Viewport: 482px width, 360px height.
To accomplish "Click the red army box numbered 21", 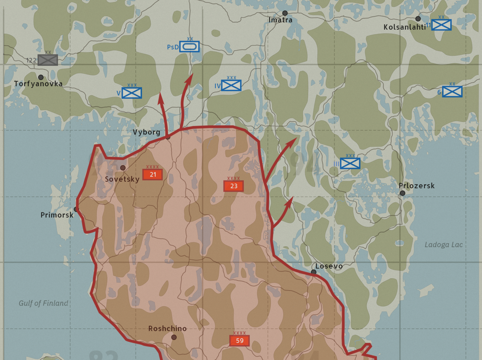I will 152,175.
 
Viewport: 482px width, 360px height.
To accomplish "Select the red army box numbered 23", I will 233,186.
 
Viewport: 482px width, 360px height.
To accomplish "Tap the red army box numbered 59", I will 239,341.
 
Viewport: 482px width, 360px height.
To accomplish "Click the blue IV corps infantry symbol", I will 231,85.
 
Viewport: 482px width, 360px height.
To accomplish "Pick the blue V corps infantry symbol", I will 132,93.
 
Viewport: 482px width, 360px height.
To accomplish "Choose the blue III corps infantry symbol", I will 350,163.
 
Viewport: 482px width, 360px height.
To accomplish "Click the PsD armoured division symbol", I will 189,47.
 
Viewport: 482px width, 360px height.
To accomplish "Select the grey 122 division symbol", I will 48,60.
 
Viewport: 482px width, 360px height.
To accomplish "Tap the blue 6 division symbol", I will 452,92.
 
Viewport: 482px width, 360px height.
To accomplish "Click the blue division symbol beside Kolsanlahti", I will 441,25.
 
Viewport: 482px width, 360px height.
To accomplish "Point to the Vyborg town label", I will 147,132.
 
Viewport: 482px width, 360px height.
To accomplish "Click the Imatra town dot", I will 285,13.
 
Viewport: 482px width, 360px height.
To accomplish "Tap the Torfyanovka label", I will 39,84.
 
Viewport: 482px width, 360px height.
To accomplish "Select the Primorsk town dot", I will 76,209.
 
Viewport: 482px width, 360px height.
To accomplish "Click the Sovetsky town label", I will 122,179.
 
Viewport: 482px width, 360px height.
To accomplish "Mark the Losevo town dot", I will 314,272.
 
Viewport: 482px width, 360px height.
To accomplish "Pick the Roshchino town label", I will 167,328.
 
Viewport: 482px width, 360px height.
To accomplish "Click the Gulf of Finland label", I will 43,303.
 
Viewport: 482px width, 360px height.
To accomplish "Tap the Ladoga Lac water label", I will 444,244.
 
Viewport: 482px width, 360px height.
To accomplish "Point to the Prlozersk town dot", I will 402,193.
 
